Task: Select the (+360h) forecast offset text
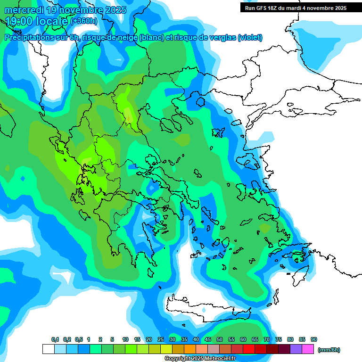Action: click(x=84, y=21)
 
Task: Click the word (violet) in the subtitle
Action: click(x=250, y=38)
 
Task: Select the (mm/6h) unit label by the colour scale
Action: click(x=329, y=350)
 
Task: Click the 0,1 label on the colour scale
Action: click(x=55, y=340)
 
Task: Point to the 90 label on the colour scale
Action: click(x=314, y=340)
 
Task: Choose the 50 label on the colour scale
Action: click(x=220, y=340)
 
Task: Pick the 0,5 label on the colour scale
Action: click(x=78, y=340)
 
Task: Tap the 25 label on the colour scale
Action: click(x=161, y=340)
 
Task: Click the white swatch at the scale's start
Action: click(x=48, y=349)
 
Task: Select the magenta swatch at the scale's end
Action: click(x=308, y=349)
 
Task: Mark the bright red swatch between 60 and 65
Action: click(x=249, y=349)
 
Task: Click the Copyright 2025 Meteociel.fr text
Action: click(x=199, y=359)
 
